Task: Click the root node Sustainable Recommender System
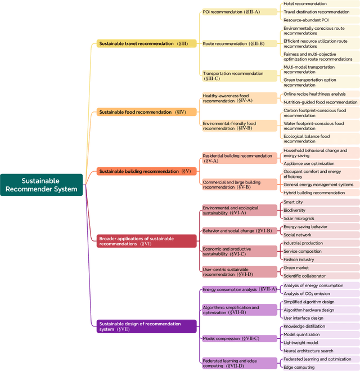[42, 185]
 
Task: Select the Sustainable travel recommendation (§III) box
[146, 43]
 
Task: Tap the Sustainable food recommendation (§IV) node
[146, 112]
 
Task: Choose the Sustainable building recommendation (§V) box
[146, 171]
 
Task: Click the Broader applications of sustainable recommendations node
[146, 241]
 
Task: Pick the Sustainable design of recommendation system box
[146, 327]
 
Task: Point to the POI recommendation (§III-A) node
[239, 11]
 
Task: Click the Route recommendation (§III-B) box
[239, 43]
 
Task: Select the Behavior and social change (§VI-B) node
[239, 231]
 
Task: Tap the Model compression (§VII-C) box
[239, 338]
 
